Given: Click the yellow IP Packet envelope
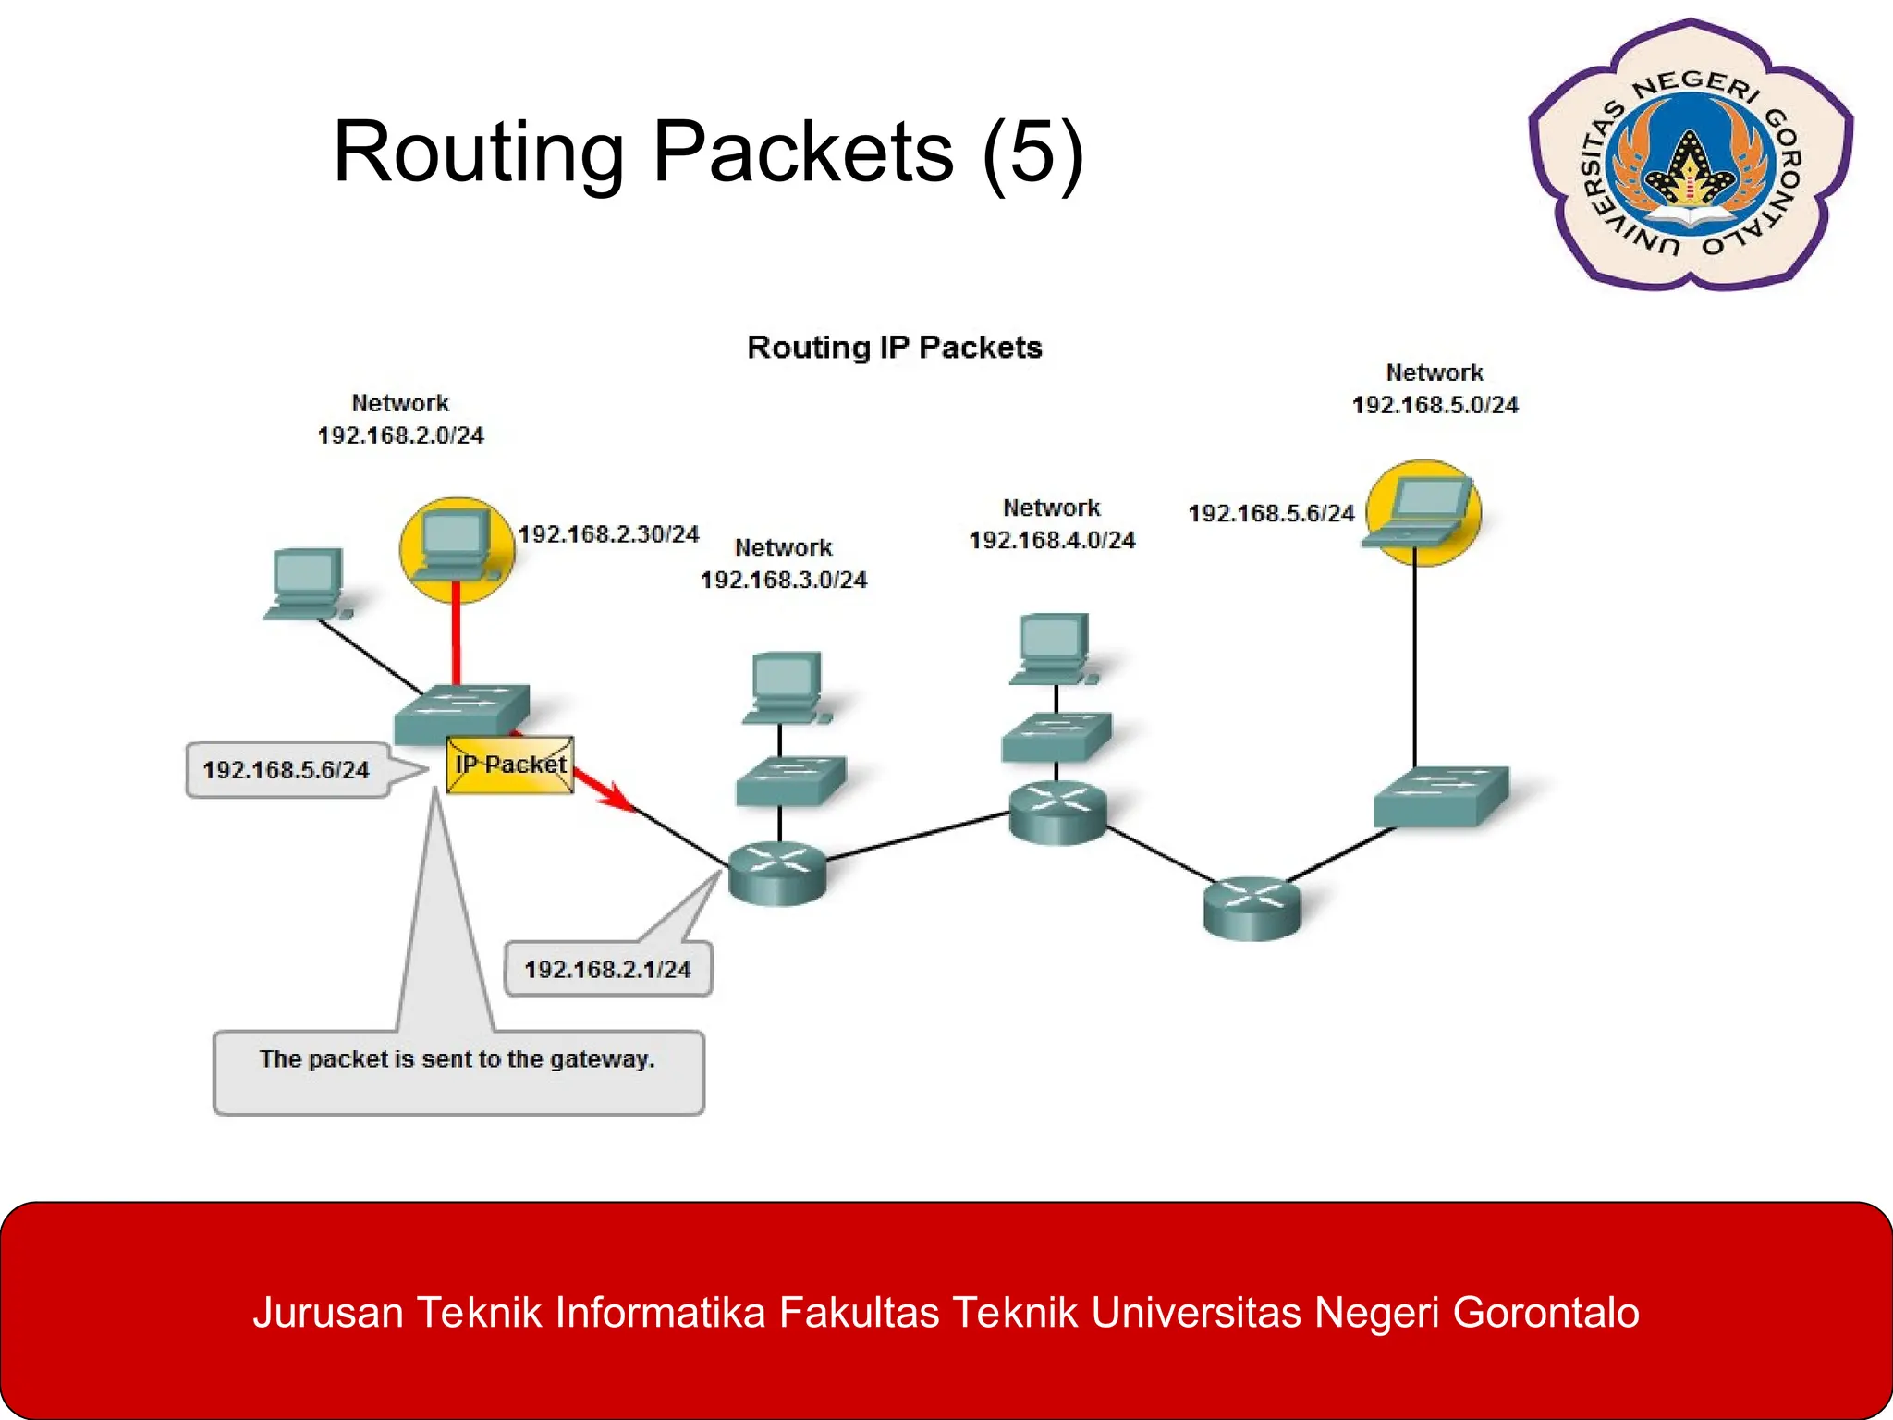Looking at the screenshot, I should point(510,765).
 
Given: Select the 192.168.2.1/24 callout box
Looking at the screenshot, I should point(607,969).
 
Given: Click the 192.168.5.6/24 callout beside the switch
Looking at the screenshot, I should point(287,769).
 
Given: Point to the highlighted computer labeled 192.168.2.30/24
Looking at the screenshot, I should point(456,549).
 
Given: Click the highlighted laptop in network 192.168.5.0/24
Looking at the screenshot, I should point(1423,512).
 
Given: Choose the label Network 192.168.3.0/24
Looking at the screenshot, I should point(783,564).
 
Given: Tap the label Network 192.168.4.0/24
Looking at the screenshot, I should point(1051,524).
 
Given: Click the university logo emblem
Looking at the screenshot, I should point(1689,155).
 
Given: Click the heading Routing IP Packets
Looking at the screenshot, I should point(894,348).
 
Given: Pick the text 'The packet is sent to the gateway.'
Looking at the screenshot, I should point(457,1059).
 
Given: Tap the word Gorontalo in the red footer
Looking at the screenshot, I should point(1545,1313).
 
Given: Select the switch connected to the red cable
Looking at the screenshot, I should point(462,714).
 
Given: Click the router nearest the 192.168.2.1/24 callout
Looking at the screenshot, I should point(776,872).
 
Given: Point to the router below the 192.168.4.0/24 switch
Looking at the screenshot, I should point(1057,812).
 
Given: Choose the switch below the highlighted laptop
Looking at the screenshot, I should point(1440,795).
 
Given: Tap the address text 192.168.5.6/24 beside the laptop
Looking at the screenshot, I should point(1270,514).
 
